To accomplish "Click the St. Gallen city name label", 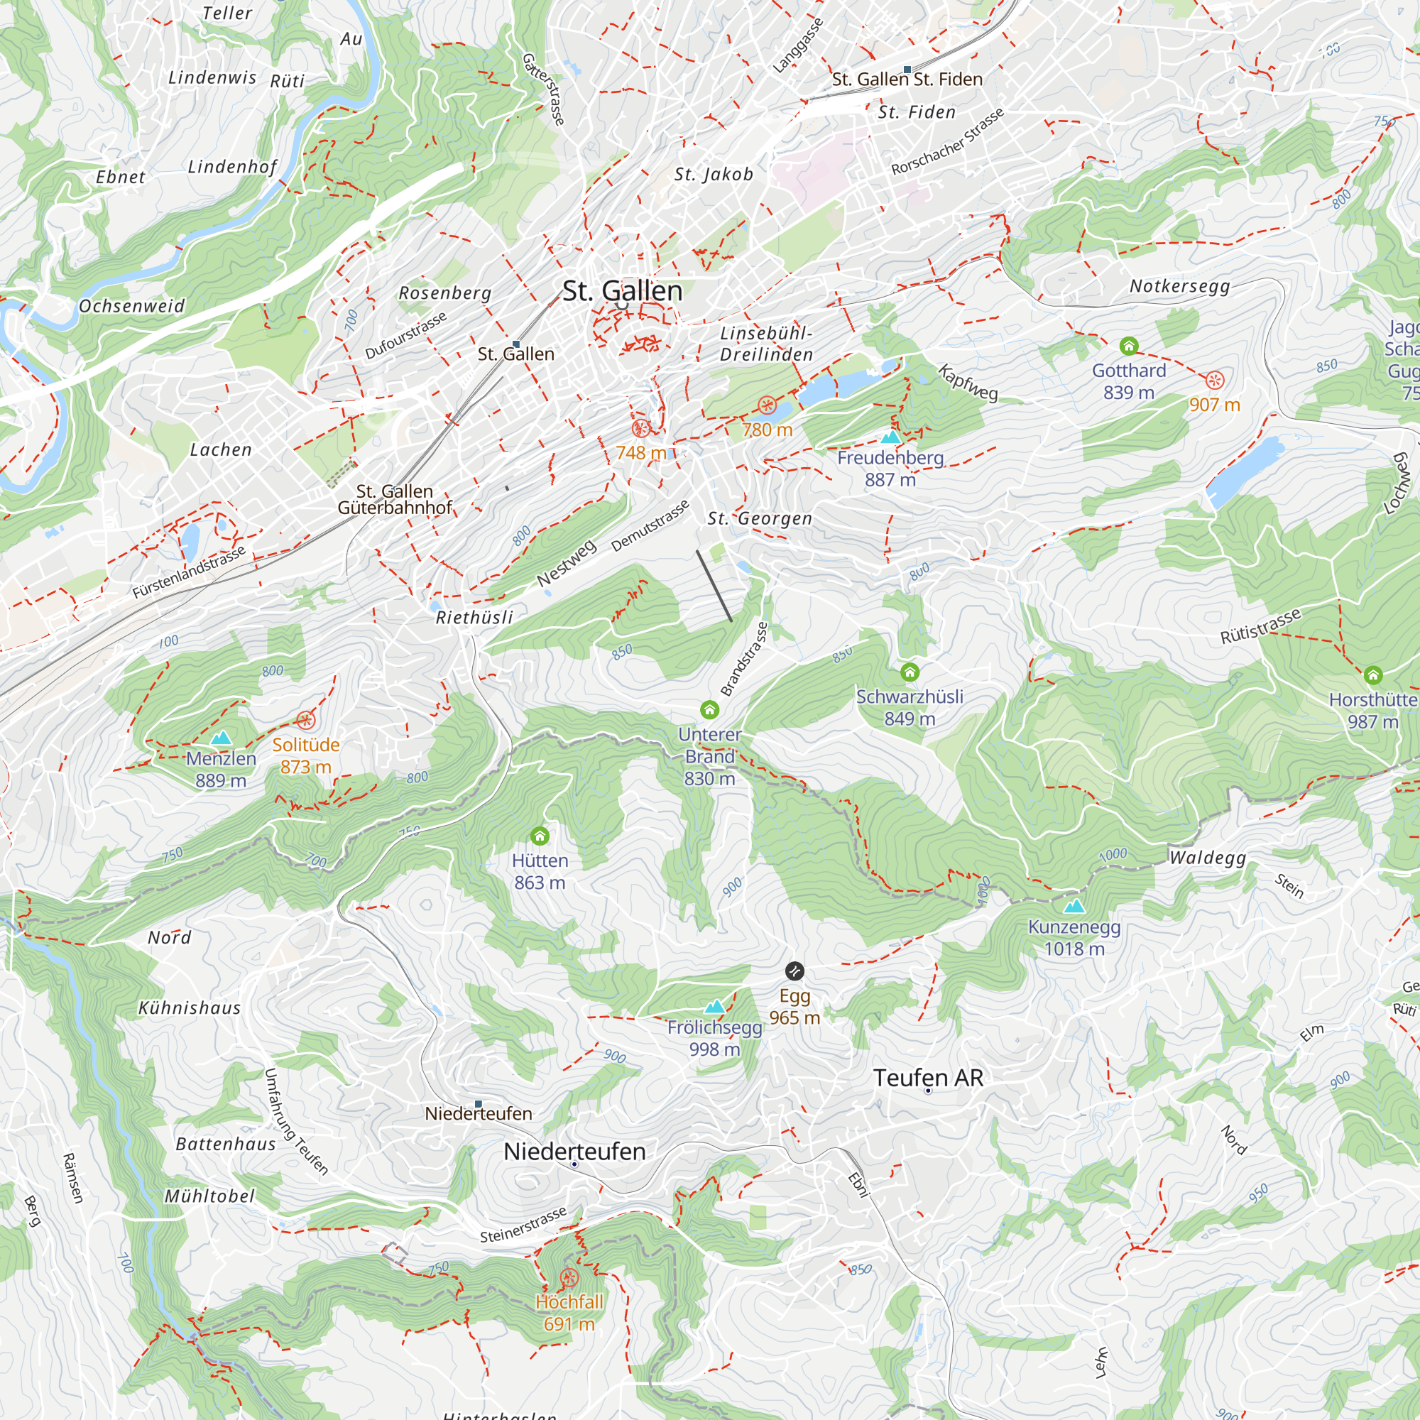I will coord(622,291).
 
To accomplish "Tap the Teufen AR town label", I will coord(927,1078).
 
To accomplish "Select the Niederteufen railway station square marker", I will coord(479,1104).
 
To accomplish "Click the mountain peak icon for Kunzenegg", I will coord(1074,906).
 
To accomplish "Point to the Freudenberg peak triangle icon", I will coord(890,437).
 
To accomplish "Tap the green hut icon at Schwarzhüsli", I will coord(910,672).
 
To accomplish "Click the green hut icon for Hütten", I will coord(540,836).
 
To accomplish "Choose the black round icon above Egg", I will coord(794,971).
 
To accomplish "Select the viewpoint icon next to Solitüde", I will coord(306,720).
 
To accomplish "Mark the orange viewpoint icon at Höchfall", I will coord(569,1278).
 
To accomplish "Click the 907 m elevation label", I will coord(1214,405).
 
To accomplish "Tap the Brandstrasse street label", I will coord(744,660).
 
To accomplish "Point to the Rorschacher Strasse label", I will coord(946,142).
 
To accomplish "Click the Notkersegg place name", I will coord(1179,286).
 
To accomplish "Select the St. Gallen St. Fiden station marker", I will coord(907,69).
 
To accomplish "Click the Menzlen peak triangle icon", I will coord(221,737).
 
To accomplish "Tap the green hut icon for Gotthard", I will coord(1129,346).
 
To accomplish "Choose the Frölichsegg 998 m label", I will coord(714,1038).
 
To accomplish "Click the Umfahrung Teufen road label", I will coord(295,1122).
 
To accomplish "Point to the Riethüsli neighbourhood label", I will coord(474,618).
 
